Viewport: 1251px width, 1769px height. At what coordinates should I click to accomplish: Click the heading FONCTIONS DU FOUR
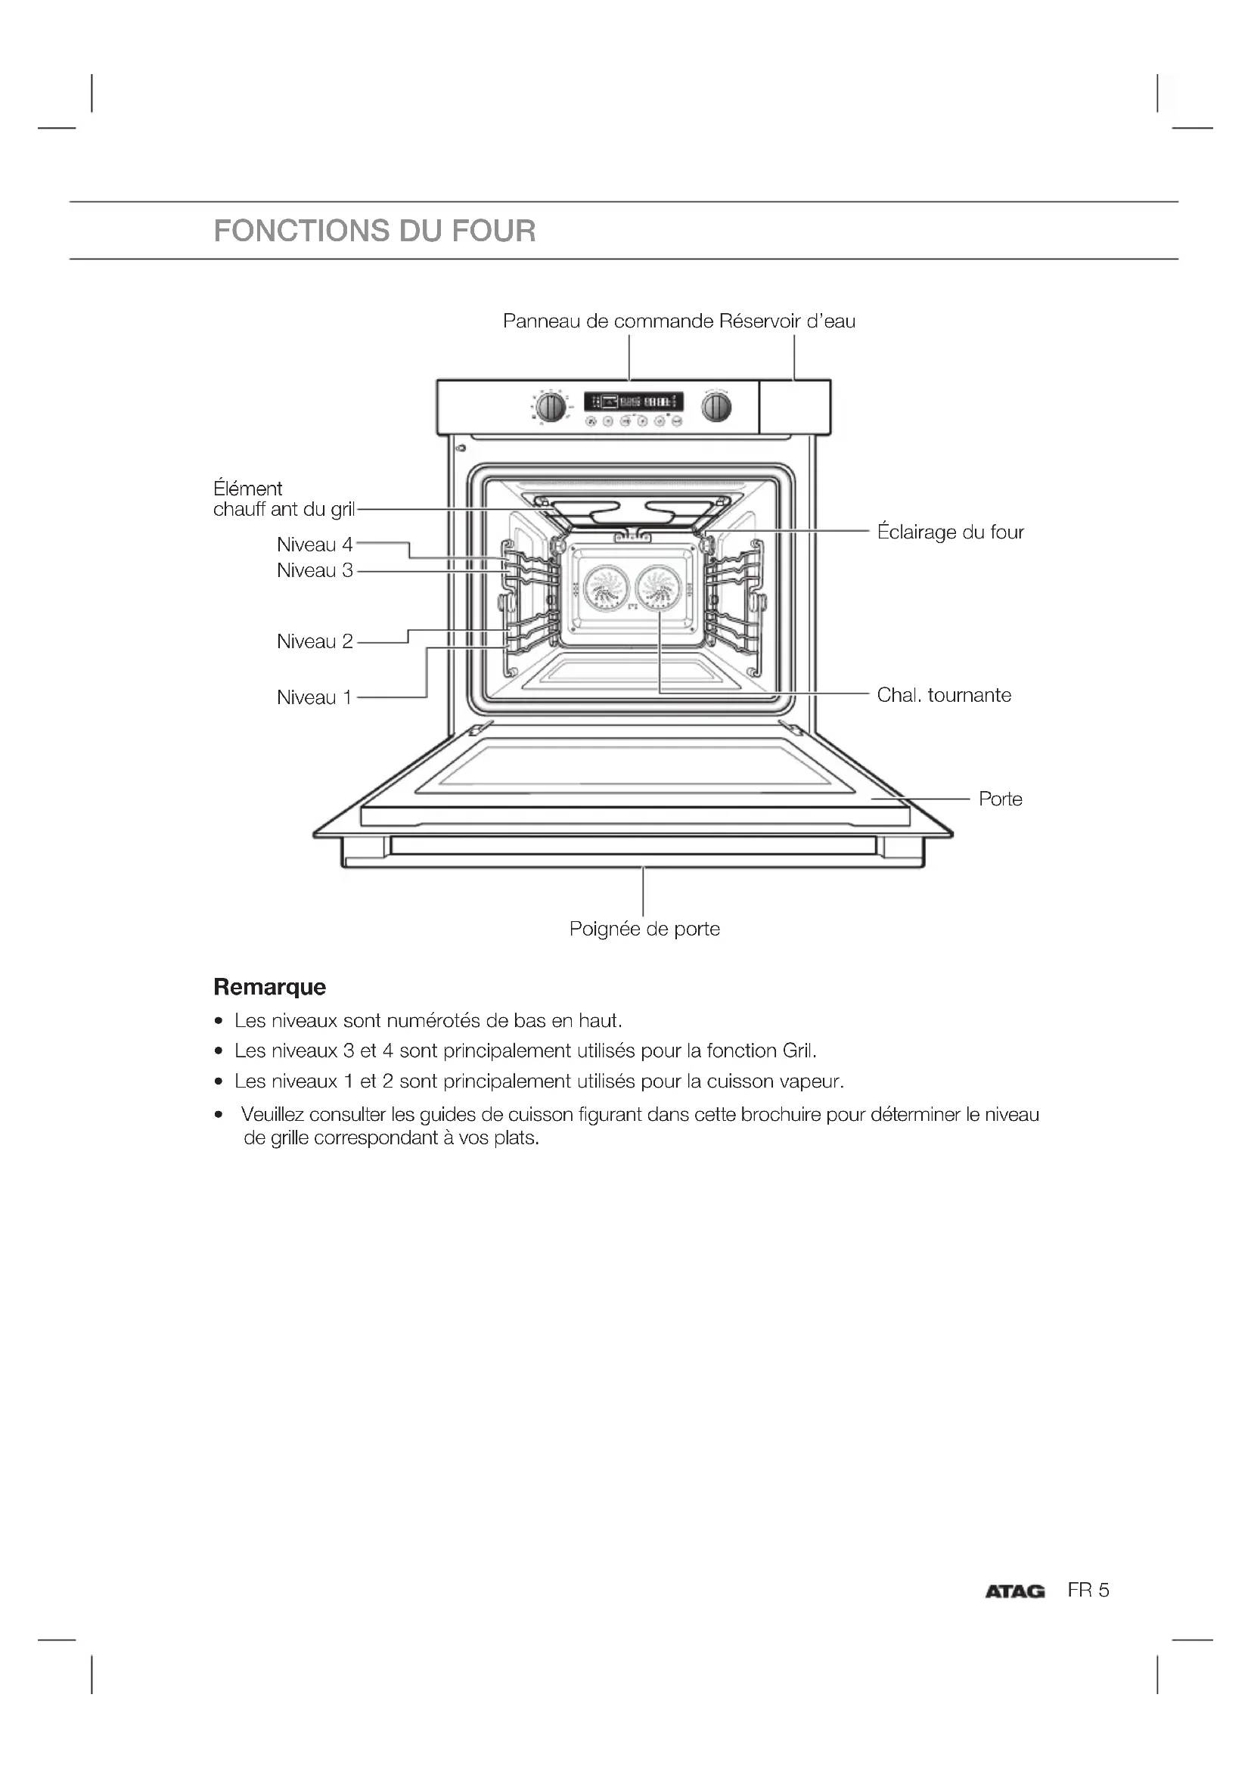pyautogui.click(x=374, y=231)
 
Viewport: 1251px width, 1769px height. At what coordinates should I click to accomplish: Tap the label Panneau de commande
pyautogui.click(x=608, y=321)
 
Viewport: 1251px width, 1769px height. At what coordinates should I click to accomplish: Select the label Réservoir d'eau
pyautogui.click(x=787, y=321)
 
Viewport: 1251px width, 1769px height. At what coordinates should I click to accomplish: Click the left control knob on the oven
pyautogui.click(x=551, y=407)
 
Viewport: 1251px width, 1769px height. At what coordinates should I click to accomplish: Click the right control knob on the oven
pyautogui.click(x=716, y=407)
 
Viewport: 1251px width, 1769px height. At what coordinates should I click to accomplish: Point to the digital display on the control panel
pyautogui.click(x=633, y=402)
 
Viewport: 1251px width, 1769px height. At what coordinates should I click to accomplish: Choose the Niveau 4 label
pyautogui.click(x=315, y=545)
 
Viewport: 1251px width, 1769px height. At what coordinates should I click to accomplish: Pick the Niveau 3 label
pyautogui.click(x=315, y=570)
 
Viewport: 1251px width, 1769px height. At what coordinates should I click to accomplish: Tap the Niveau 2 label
pyautogui.click(x=315, y=641)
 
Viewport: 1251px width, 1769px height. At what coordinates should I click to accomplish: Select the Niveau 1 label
pyautogui.click(x=314, y=697)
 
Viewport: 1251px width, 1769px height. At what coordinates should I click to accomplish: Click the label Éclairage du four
pyautogui.click(x=951, y=532)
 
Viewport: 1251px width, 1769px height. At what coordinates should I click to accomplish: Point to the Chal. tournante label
pyautogui.click(x=944, y=695)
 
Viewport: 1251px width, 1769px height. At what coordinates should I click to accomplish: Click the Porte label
pyautogui.click(x=1001, y=799)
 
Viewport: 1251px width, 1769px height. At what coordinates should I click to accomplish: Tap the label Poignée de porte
pyautogui.click(x=644, y=930)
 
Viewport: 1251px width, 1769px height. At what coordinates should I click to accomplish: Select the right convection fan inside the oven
pyautogui.click(x=661, y=587)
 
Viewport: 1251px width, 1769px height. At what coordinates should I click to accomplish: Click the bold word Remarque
pyautogui.click(x=269, y=987)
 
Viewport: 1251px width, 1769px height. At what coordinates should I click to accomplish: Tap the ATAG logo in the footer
pyautogui.click(x=1014, y=1591)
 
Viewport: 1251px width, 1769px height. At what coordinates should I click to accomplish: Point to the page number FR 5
pyautogui.click(x=1088, y=1591)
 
